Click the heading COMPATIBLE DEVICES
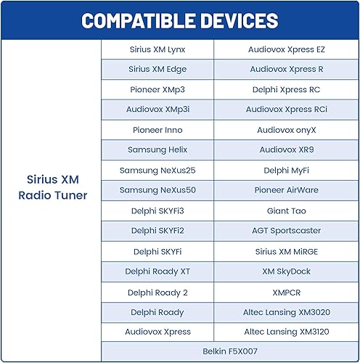tap(179, 20)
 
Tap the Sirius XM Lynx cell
tap(157, 49)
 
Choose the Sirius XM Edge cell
tap(157, 70)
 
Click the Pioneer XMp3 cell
tap(157, 90)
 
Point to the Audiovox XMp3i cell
tap(157, 110)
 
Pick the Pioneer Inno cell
tap(157, 130)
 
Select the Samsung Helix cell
tap(157, 150)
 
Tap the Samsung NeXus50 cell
tap(157, 190)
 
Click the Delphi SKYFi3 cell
tap(157, 211)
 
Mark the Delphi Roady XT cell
tap(157, 271)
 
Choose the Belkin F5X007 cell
tap(230, 351)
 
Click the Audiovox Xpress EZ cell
tap(286, 49)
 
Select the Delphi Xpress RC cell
tap(286, 90)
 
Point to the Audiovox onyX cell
tap(286, 130)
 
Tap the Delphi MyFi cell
tap(286, 170)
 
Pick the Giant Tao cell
tap(286, 211)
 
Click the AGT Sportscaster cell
tap(286, 231)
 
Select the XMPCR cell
tap(286, 291)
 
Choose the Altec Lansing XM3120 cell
tap(286, 331)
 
